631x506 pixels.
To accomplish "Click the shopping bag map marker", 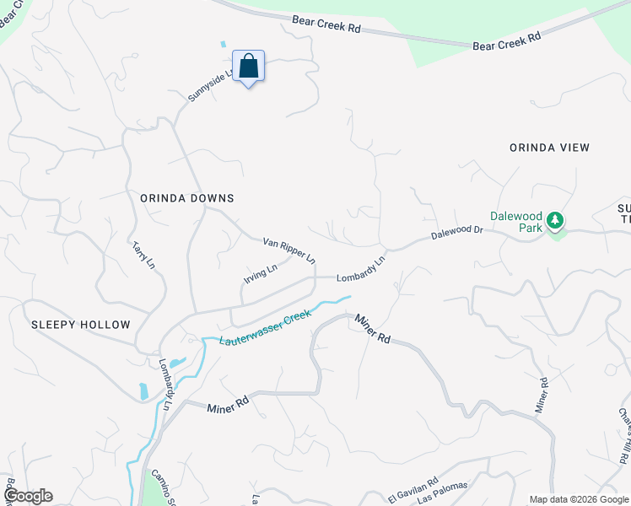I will point(249,67).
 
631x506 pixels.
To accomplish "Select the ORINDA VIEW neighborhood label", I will point(549,148).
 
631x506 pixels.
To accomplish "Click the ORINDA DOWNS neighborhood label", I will point(186,197).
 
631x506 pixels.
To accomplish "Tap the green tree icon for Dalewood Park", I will point(554,221).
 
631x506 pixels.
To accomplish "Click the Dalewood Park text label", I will point(516,223).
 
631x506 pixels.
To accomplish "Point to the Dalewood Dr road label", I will point(456,231).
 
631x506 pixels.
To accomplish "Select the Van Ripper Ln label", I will point(289,249).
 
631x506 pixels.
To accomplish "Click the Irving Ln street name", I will point(261,275).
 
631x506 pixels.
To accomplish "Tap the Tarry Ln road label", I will point(143,256).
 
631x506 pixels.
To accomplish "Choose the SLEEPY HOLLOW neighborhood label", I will point(81,325).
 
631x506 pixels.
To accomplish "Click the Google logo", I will point(27,496).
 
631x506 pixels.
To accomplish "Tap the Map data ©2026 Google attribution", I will point(579,499).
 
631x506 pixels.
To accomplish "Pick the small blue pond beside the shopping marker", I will point(224,44).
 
